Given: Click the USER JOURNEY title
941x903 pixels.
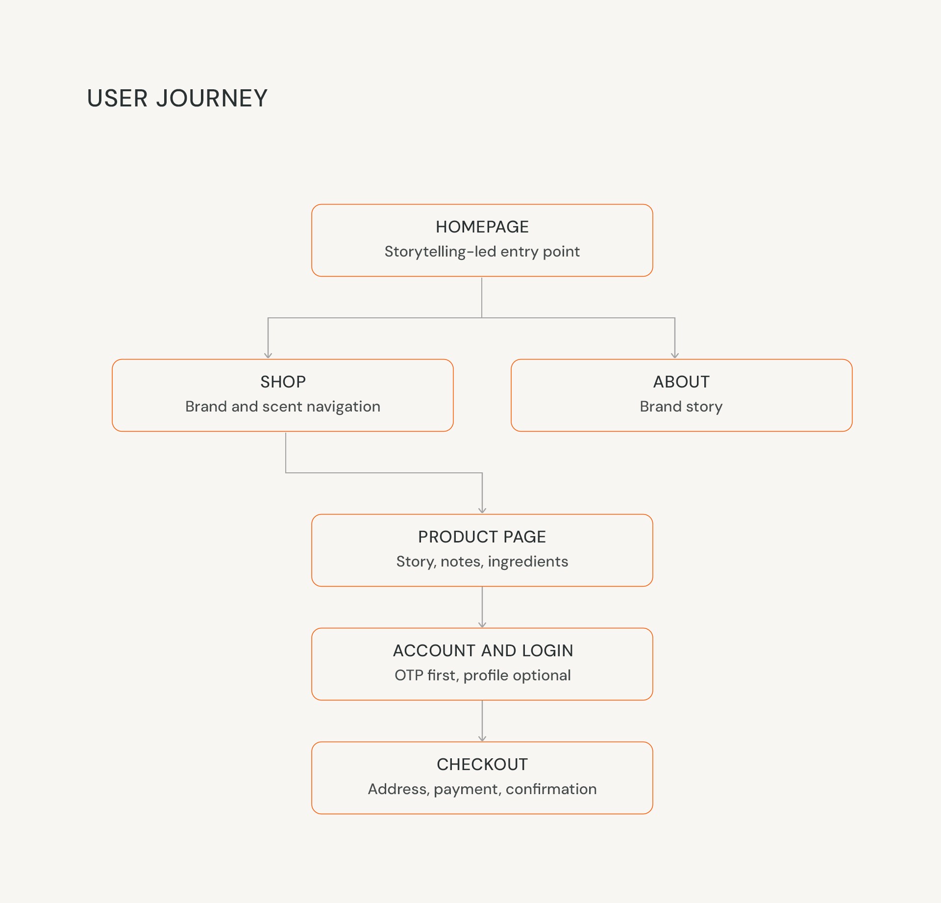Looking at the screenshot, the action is [x=177, y=98].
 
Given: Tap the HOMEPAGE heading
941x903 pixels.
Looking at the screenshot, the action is [x=482, y=227].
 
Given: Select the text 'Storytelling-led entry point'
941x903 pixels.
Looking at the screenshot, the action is [x=482, y=252].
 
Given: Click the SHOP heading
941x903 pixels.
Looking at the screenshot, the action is [x=283, y=382].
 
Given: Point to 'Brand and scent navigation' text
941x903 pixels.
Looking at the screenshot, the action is [x=283, y=407].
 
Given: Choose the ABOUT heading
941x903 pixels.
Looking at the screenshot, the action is [x=681, y=382].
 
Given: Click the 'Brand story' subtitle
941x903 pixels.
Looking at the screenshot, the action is [x=681, y=407].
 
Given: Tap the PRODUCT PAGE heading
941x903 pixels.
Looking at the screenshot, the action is [x=482, y=537].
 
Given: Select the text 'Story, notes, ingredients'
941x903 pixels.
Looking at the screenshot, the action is [x=482, y=562].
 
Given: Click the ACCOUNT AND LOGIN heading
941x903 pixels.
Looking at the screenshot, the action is [x=483, y=651].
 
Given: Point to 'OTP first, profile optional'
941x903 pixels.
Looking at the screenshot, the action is [x=483, y=675].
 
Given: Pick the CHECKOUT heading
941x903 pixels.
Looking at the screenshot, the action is [x=482, y=765].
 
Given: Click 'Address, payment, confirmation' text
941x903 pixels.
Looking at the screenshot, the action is [x=482, y=789].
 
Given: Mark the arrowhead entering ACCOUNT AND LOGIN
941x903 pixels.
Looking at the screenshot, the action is [x=482, y=625].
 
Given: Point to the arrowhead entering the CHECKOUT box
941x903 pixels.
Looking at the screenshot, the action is [x=482, y=739].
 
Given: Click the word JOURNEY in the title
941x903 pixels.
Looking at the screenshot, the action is [x=212, y=98].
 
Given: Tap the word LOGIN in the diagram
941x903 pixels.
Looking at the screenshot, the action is [x=547, y=651].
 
